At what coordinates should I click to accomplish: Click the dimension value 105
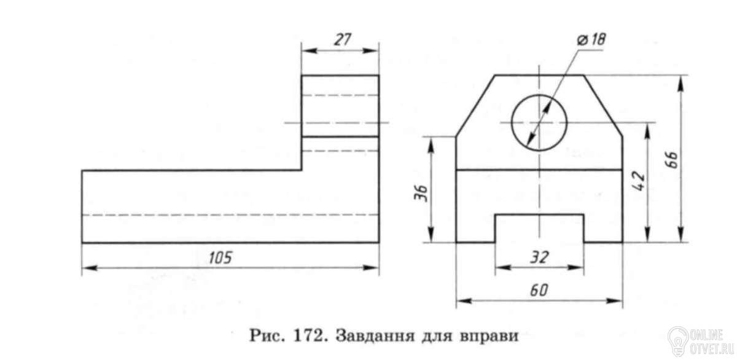point(220,257)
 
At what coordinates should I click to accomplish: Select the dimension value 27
point(343,39)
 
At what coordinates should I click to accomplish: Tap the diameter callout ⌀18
point(591,39)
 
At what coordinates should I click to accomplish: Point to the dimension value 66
point(673,160)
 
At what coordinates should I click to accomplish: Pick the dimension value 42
point(639,181)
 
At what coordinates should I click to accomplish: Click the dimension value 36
point(421,193)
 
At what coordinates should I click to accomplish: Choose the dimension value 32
point(540,257)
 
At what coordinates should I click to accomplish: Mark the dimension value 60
point(539,290)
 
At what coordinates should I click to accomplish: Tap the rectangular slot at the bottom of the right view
point(540,214)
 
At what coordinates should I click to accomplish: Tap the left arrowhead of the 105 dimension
point(90,268)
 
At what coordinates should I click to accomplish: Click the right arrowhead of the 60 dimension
point(614,301)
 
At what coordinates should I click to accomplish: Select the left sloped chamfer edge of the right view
point(475,106)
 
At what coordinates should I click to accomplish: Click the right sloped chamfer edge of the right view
point(603,105)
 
